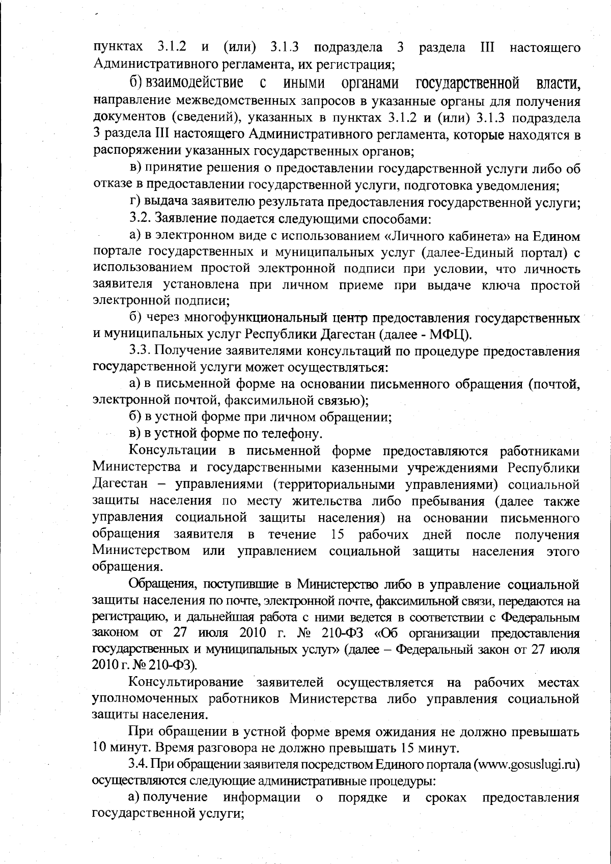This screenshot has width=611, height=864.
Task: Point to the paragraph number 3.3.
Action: pos(140,351)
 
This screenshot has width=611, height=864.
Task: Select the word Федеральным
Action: pos(541,618)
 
